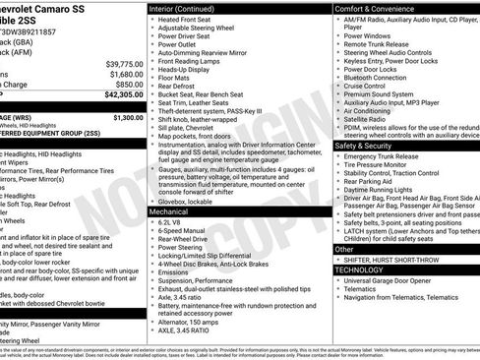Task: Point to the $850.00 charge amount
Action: point(123,85)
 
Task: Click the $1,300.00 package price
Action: point(123,117)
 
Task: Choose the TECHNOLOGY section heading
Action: point(359,269)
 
